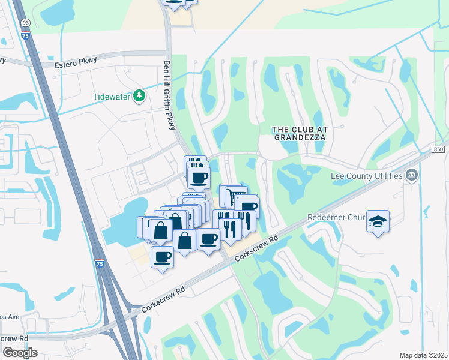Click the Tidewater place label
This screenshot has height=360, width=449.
(112, 97)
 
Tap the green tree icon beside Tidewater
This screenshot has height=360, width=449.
(139, 96)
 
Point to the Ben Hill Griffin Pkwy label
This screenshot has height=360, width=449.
(170, 94)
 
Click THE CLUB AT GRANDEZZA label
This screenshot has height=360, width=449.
(299, 133)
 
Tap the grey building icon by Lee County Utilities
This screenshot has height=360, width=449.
(411, 175)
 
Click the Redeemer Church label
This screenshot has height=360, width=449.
(336, 217)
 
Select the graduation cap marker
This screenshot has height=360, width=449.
(378, 221)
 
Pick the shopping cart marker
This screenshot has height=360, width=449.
(233, 196)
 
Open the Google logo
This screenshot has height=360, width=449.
(20, 352)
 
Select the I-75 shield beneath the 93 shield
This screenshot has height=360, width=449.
(25, 36)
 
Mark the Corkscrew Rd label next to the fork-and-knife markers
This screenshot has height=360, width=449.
(258, 247)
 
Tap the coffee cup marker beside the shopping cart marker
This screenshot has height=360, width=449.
(247, 206)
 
